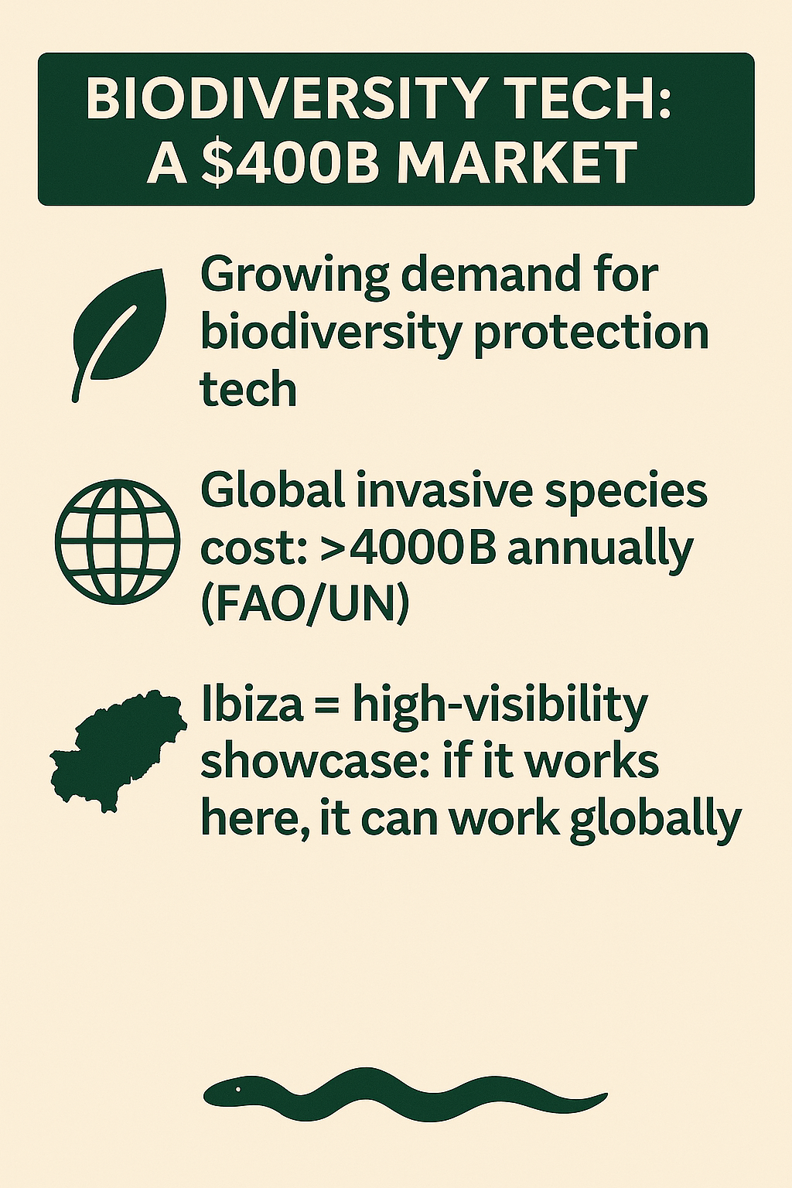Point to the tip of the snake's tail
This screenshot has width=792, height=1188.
click(x=606, y=1093)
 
